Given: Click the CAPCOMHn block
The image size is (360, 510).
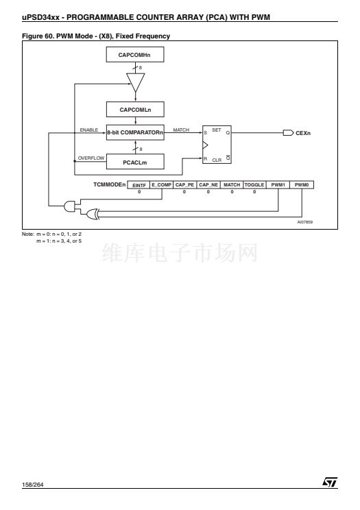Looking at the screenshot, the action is click(135, 55).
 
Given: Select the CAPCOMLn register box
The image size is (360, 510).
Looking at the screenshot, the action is click(135, 110).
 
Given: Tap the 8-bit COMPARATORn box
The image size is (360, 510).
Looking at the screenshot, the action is click(135, 132).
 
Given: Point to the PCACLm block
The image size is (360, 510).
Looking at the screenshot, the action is click(135, 162).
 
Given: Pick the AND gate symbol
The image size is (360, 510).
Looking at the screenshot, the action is click(70, 206).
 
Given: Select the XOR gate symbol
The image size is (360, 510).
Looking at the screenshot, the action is click(93, 214).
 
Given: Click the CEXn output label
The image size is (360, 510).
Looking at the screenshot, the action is click(303, 133).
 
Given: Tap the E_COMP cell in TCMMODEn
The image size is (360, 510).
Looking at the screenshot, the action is click(161, 185).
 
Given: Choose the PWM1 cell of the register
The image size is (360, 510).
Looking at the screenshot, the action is click(278, 185).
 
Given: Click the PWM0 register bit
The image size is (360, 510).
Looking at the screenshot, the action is click(302, 185).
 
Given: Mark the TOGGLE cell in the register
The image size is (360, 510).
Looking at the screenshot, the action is click(254, 185).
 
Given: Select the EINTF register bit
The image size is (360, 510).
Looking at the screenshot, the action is click(139, 185).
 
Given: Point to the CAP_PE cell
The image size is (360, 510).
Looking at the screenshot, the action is click(184, 185).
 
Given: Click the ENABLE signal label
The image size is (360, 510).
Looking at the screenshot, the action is click(89, 130).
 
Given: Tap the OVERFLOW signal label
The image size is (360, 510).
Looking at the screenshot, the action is click(91, 158).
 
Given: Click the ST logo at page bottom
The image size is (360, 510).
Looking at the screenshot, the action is click(330, 482).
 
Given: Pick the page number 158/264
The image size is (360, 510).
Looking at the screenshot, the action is click(32, 485).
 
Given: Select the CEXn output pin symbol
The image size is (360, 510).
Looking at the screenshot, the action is click(289, 133).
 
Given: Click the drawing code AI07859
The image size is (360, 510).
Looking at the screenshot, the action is click(305, 222).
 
